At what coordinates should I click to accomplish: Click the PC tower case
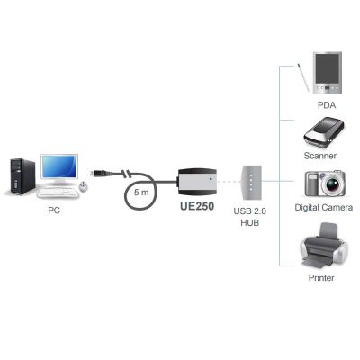tap(22, 176)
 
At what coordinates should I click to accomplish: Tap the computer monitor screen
tap(59, 166)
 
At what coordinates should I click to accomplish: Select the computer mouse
tap(84, 186)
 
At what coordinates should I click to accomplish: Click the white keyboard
tap(58, 193)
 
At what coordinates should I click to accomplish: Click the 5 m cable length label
tap(141, 192)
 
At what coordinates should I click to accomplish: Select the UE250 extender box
tap(197, 182)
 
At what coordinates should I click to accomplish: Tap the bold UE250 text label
tap(197, 206)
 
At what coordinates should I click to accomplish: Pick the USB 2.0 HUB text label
tap(250, 217)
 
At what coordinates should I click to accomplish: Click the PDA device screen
tap(328, 69)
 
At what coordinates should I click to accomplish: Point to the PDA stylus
tap(303, 77)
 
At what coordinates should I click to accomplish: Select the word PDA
tap(327, 105)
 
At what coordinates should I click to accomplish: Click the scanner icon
tap(324, 133)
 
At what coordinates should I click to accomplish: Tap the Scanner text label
tap(320, 156)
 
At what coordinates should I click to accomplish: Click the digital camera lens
tap(332, 184)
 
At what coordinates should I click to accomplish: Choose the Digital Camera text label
tap(324, 207)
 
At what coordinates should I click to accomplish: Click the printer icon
tap(324, 247)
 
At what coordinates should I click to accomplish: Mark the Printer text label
tap(321, 277)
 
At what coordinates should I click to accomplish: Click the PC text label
tap(54, 211)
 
